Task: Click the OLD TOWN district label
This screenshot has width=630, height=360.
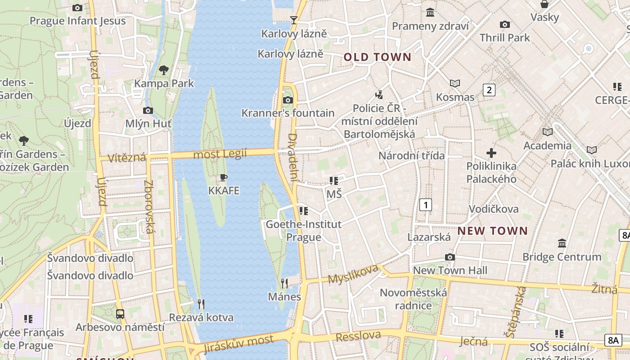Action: (378, 57)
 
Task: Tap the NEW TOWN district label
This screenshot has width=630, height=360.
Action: (492, 231)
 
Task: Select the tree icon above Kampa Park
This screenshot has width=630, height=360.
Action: (164, 70)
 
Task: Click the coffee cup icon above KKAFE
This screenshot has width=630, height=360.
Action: (223, 178)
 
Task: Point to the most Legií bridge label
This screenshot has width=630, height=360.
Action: (220, 154)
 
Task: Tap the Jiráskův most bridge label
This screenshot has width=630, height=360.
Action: (238, 344)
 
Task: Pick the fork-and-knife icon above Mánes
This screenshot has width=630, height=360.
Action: (284, 283)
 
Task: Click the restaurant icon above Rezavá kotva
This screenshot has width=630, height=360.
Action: (201, 304)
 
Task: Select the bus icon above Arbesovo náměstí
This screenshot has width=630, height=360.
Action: (120, 314)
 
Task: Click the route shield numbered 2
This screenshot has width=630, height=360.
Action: (489, 90)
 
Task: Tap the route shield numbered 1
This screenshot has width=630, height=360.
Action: (425, 205)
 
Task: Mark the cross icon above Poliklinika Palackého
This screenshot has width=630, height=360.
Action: (491, 153)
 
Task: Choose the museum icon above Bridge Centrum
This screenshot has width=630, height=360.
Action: (562, 243)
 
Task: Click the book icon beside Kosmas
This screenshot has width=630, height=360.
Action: (455, 83)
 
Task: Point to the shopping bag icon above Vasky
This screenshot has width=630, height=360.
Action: (544, 4)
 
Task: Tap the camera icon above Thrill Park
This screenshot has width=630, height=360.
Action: (505, 24)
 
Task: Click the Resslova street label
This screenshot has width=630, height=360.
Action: (358, 336)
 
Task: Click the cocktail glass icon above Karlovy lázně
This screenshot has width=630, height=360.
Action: (294, 20)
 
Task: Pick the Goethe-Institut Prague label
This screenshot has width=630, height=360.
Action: (304, 230)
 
